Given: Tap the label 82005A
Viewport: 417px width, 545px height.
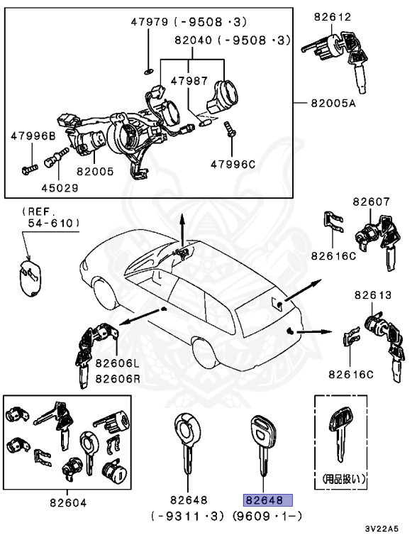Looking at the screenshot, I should [333, 103].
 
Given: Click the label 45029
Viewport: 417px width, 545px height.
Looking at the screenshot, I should [60, 188].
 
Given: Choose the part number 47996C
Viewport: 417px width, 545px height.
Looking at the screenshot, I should [232, 164].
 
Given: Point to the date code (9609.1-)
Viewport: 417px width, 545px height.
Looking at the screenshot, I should [269, 516].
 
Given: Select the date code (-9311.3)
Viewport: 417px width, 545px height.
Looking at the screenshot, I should [187, 516].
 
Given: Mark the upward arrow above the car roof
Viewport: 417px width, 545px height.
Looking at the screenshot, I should [182, 229].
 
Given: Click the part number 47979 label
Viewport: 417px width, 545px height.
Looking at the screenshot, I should [147, 22].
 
